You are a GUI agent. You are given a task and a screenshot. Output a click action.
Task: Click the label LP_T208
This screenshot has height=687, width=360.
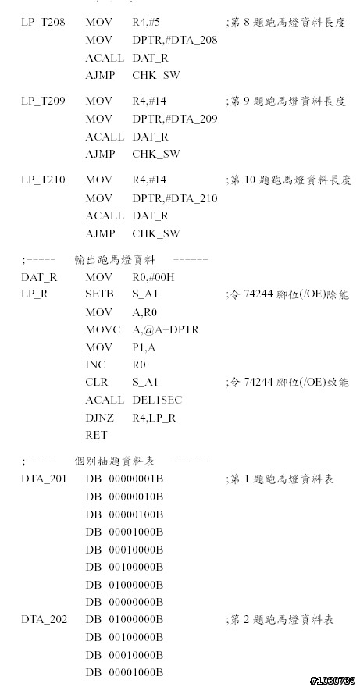[x=43, y=23]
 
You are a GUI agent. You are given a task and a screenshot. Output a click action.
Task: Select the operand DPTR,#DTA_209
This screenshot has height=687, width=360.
[x=174, y=119]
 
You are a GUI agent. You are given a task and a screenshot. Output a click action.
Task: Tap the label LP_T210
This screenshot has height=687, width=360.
[x=43, y=180]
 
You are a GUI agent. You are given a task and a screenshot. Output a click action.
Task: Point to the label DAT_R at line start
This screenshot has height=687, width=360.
[x=39, y=278]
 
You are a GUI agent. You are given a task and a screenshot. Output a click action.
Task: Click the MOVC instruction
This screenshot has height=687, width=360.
[x=102, y=330]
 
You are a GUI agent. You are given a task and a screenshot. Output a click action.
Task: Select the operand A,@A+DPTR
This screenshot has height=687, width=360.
[x=166, y=330]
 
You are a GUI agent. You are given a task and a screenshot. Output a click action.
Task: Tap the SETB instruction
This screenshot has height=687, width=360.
[x=99, y=294]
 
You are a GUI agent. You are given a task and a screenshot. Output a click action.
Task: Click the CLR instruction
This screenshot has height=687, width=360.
[x=97, y=383]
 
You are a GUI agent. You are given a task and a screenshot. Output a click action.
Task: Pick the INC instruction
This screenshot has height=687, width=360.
[x=95, y=365]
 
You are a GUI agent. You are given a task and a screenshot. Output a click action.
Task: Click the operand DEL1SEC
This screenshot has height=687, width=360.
[x=156, y=400]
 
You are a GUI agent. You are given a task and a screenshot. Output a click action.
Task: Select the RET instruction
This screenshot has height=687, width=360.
[x=96, y=435]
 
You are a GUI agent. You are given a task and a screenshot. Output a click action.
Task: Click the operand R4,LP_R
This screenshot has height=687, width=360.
[x=154, y=418]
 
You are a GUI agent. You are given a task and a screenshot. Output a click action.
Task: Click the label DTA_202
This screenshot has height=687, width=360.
[x=44, y=620]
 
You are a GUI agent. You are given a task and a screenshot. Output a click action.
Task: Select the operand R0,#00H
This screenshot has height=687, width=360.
[x=154, y=278]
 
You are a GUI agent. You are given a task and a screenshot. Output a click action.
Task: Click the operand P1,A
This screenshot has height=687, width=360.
[x=144, y=348]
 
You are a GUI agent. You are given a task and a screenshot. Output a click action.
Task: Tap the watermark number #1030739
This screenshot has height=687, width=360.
[x=333, y=681]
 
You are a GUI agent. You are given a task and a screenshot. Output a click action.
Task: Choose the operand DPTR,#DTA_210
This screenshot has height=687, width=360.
[x=174, y=199]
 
